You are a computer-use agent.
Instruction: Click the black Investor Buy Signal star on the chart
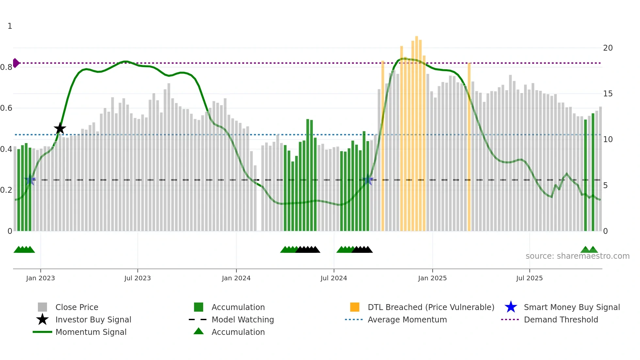point(60,129)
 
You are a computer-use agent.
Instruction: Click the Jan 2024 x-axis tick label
point(236,278)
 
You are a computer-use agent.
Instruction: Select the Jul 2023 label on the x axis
point(137,278)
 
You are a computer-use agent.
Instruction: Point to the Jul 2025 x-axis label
point(529,278)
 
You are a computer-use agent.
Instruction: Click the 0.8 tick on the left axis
point(6,67)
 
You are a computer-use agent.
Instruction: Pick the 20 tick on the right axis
point(608,48)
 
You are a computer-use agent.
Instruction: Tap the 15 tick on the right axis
point(608,94)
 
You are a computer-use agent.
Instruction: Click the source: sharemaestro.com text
point(577,256)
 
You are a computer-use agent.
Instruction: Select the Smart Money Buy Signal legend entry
point(571,307)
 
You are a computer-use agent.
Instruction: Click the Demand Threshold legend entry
point(561,319)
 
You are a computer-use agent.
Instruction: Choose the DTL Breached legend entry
point(431,307)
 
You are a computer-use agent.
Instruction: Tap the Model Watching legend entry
point(242,319)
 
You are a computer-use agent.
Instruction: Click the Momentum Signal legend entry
point(91,332)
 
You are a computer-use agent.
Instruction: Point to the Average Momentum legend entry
point(407,319)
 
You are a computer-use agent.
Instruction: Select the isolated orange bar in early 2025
point(469,147)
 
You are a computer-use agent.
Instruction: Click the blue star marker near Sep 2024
point(368,179)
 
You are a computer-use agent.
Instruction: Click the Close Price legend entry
point(76,307)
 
